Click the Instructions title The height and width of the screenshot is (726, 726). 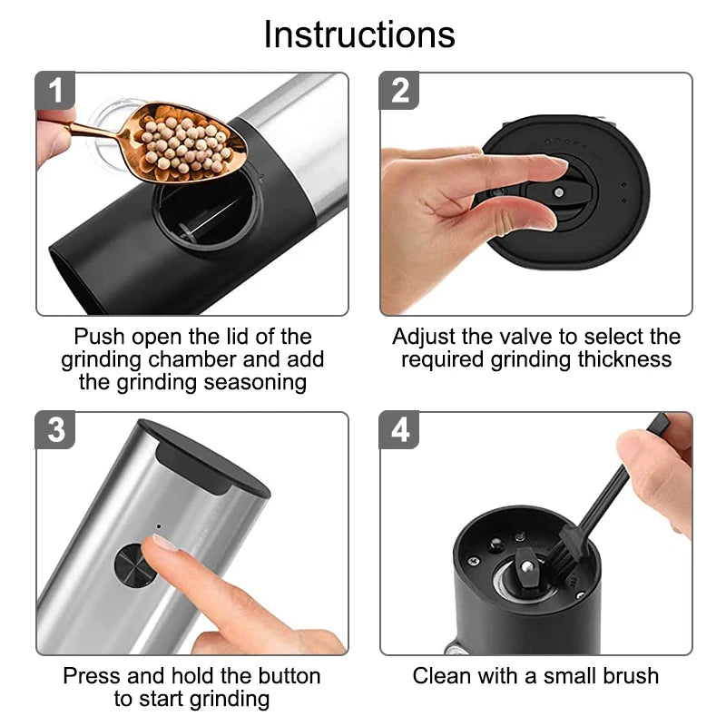(x=359, y=34)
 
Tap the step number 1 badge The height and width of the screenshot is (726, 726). (x=56, y=92)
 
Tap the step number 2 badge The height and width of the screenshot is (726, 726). (x=400, y=92)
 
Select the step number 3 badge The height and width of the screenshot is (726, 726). (x=56, y=430)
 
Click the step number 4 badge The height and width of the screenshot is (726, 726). (x=400, y=430)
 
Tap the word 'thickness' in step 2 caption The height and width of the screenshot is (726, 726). (x=624, y=359)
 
